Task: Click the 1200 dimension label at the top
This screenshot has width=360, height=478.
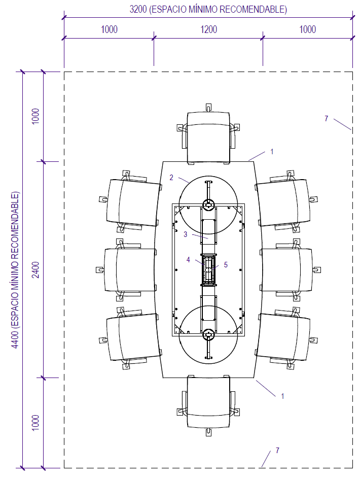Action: point(208,29)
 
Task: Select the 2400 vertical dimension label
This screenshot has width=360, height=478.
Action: point(36,269)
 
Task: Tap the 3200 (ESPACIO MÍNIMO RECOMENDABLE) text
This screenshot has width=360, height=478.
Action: point(208,10)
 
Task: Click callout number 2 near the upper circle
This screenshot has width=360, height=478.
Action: point(171,178)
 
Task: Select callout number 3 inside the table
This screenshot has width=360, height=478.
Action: point(186,234)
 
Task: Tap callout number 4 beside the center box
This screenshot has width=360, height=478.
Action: point(188,260)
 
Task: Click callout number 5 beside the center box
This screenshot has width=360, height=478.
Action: point(226,264)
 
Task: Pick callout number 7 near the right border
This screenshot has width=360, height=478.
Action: point(327,118)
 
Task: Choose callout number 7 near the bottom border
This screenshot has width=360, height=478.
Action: point(277,450)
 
